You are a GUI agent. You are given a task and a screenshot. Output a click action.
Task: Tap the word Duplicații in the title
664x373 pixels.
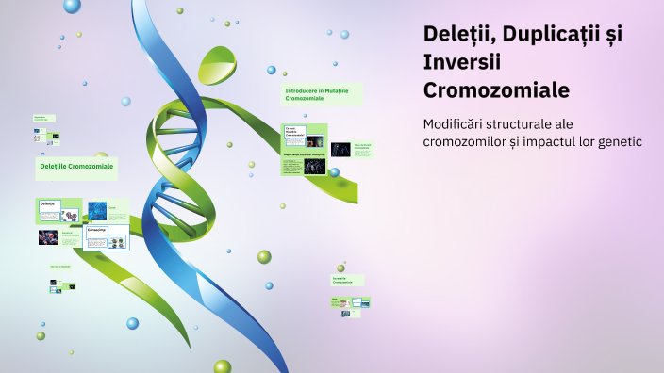pyautogui.click(x=549, y=34)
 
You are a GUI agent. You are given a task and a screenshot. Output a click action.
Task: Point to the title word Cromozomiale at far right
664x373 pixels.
pyautogui.click(x=496, y=90)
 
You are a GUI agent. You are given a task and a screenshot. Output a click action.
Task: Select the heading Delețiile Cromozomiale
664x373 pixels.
pyautogui.click(x=76, y=166)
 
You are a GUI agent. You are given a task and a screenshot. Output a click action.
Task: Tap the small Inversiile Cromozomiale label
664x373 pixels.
pyautogui.click(x=345, y=280)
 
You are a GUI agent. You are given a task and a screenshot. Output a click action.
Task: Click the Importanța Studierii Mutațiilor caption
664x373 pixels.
pyautogui.click(x=304, y=154)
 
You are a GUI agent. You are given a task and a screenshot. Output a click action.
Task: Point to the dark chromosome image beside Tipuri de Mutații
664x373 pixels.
pyautogui.click(x=340, y=149)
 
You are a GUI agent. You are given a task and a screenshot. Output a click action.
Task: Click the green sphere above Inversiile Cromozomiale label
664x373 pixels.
pyautogui.click(x=264, y=256)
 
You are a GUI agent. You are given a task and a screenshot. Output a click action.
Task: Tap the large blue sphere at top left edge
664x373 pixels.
pyautogui.click(x=72, y=6)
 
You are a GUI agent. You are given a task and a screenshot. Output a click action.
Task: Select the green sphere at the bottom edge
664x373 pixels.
pyautogui.click(x=222, y=366)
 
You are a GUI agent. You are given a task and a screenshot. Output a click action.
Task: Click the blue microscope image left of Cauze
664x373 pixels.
pyautogui.click(x=97, y=210)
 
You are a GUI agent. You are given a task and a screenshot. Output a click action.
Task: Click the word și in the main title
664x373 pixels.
pyautogui.click(x=613, y=34)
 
